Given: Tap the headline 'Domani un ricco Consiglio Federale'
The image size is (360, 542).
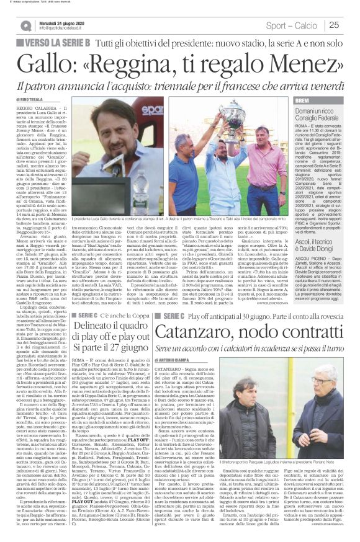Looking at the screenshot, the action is pyautogui.click(x=318, y=113).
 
